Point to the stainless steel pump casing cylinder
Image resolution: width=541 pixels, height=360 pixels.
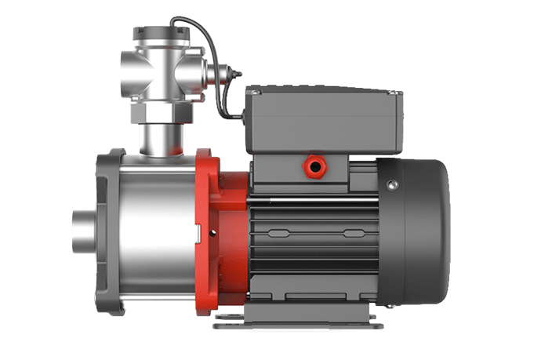(157, 227)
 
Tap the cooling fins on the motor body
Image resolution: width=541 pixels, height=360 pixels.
(314, 235)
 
